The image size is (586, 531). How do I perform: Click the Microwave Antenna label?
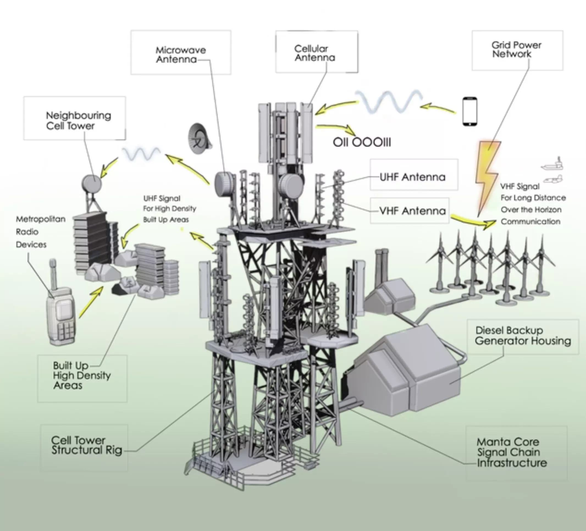181,54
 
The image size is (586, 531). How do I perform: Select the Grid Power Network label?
516,49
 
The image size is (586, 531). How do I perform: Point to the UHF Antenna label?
413,177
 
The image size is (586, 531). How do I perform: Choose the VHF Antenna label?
412,211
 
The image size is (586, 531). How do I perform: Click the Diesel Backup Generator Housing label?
523,335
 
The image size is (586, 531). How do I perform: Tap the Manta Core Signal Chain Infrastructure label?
512,452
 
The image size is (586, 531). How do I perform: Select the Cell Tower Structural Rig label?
86,445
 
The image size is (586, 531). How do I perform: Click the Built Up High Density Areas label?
81,375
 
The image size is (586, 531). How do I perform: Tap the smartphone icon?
469,111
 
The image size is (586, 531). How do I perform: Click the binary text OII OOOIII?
362,142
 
